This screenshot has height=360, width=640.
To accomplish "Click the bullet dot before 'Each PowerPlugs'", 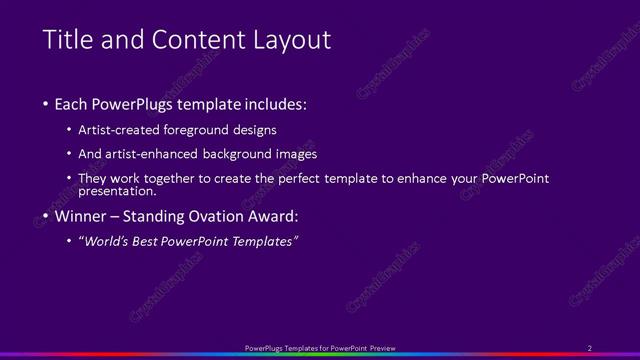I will (46, 105).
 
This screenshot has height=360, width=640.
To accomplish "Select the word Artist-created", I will (125, 130).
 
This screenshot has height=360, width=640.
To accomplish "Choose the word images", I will (297, 154).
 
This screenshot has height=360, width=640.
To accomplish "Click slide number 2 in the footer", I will (590, 347).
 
